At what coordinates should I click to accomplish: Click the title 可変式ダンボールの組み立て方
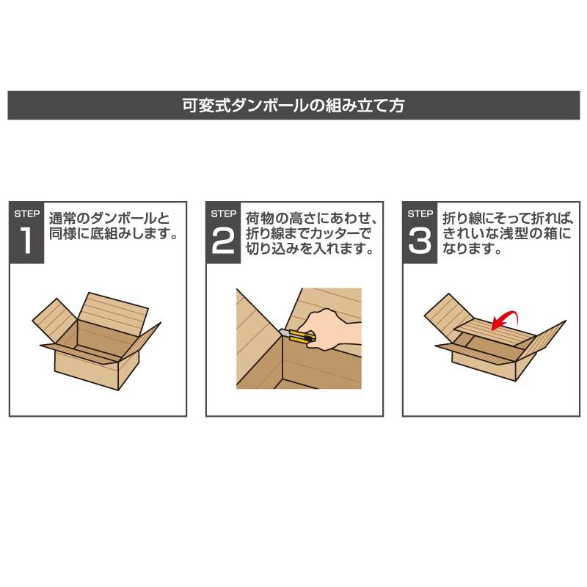[x=293, y=105]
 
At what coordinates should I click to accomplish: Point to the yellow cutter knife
[x=296, y=338]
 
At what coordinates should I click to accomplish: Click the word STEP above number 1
[x=27, y=214]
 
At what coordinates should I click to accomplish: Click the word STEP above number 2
[x=222, y=214]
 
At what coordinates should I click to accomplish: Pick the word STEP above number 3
[x=420, y=214]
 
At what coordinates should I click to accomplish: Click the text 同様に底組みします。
[x=114, y=235]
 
